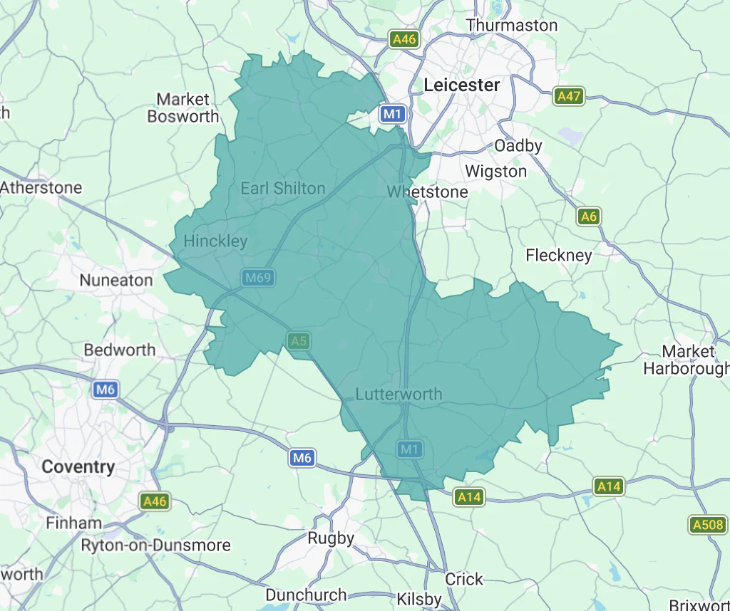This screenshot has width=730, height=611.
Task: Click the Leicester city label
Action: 462,85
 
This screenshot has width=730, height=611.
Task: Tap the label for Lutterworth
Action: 399,395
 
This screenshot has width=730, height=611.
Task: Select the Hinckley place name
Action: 215,241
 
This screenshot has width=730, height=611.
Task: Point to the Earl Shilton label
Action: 282,189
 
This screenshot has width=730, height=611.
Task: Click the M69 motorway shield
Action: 257,278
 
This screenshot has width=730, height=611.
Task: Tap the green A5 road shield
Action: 299,341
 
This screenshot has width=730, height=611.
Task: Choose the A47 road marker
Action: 569,96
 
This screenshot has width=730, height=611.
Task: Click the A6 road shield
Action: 588,216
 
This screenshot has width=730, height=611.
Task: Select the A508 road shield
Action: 709,526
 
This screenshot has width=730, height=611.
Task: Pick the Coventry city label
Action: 78,467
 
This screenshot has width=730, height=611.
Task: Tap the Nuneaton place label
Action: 116,281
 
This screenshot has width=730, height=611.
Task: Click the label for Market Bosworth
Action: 183,108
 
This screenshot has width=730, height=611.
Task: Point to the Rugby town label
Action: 331,538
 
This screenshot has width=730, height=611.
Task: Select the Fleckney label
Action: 559,255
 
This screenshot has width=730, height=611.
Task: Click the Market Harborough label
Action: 687,360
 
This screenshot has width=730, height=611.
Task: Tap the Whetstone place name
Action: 427,192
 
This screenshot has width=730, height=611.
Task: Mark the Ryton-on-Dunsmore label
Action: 155,545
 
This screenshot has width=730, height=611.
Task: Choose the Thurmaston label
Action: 512,26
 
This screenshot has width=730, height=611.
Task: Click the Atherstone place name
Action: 41,188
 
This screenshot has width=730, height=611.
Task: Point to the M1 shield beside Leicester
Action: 393,114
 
